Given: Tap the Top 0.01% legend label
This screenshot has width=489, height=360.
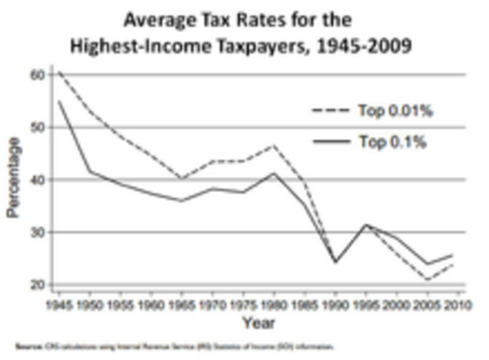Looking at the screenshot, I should (x=395, y=111).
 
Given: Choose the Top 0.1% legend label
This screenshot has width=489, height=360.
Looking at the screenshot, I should (x=392, y=141).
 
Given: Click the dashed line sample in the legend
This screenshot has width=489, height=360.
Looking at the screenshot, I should (x=331, y=111).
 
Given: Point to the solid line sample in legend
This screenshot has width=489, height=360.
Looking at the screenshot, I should (x=331, y=141).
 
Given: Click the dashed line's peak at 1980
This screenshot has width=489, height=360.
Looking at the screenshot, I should (x=274, y=144).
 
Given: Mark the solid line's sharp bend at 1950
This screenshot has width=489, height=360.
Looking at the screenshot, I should (x=90, y=170).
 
